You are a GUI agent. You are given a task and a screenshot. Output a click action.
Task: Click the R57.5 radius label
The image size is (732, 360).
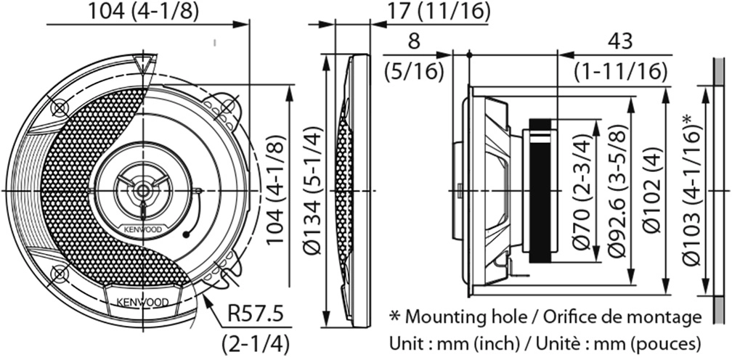[x=256, y=315]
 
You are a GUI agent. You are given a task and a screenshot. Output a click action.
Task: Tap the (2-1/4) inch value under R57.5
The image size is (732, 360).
[x=256, y=344]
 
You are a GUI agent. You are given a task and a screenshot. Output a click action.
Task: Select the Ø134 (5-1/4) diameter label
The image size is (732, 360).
[x=312, y=190]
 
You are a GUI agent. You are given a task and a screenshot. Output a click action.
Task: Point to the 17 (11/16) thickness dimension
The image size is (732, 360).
[x=439, y=11]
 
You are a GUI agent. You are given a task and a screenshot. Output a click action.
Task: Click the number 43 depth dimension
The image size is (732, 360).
[x=620, y=41]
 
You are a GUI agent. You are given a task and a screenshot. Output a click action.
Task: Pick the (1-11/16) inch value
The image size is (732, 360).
[x=620, y=71]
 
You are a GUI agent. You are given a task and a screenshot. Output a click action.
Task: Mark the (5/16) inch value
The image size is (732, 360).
[x=414, y=71]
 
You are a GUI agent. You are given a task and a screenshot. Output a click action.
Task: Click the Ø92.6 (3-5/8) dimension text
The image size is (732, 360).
[x=617, y=191]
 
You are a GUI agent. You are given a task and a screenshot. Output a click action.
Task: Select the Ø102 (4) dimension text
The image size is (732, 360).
[x=651, y=191]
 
